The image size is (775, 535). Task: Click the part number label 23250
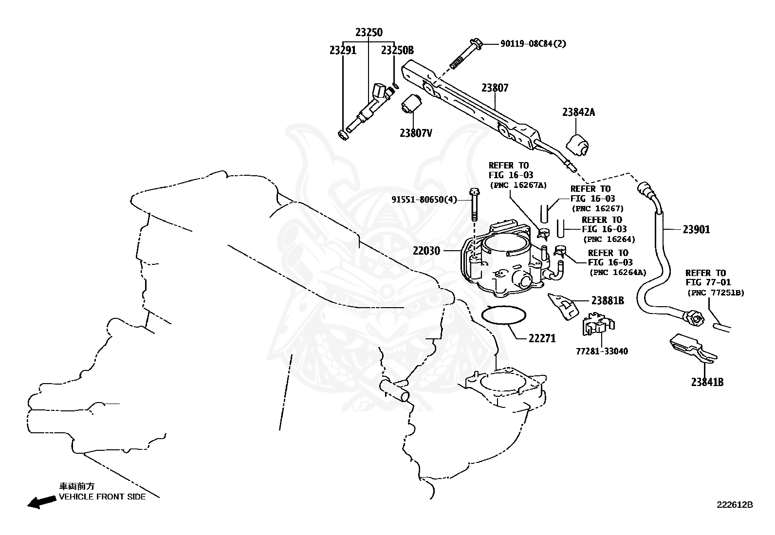[x=369, y=33]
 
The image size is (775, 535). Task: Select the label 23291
[x=343, y=50]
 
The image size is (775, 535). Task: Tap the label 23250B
[x=397, y=50]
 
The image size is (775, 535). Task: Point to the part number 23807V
[x=416, y=132]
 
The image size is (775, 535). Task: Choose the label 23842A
[x=578, y=112]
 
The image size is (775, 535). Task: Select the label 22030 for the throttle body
[x=426, y=251]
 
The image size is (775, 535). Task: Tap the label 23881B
[x=608, y=301]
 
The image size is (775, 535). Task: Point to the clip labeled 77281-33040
[x=598, y=324]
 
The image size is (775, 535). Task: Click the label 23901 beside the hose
[x=696, y=229]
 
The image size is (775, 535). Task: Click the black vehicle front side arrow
[x=41, y=502]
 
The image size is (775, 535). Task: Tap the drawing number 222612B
[x=734, y=505]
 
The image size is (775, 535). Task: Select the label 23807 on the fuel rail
[x=495, y=88]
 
